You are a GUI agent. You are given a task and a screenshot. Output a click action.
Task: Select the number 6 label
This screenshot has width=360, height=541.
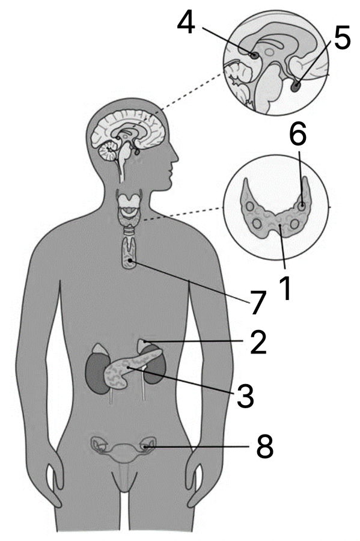[297, 134]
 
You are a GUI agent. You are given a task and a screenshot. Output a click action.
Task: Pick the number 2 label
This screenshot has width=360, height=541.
[258, 342]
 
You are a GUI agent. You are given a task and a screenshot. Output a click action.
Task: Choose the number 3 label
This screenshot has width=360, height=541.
[245, 396]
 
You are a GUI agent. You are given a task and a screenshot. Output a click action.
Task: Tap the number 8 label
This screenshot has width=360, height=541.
[265, 447]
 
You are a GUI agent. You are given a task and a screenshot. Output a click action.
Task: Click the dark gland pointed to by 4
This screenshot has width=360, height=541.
[254, 55]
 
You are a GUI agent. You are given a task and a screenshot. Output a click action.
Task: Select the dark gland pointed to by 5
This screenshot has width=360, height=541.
[296, 86]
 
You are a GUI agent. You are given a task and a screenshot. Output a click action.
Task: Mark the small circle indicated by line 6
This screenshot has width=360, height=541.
[301, 207]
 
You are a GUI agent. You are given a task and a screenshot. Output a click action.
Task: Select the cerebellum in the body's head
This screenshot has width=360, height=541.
[109, 152]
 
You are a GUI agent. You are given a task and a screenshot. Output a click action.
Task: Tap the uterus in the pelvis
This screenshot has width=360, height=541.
[123, 452]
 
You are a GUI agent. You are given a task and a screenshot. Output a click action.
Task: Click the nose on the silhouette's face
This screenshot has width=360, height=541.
[175, 158]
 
